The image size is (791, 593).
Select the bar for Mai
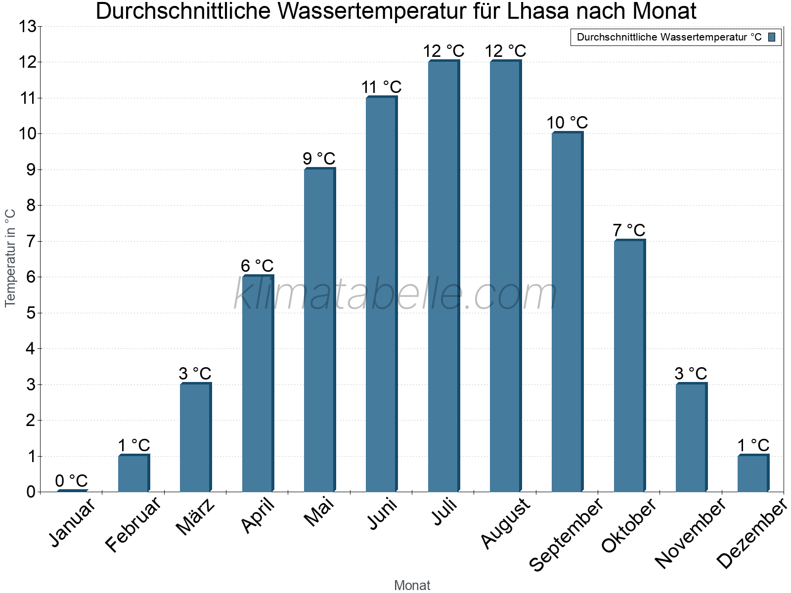tap(319, 330)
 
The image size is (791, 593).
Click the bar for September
tap(567, 312)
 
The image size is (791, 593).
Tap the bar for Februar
tap(133, 473)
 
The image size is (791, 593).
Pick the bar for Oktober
tap(629, 366)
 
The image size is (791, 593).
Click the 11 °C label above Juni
tap(381, 87)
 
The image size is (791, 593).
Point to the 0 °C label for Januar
tap(71, 480)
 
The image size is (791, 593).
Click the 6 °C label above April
tap(257, 266)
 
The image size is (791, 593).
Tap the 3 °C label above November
tap(691, 374)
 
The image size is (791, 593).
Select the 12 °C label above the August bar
tap(505, 51)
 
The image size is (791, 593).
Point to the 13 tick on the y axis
tap(28, 27)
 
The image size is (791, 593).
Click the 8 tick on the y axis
tap(31, 206)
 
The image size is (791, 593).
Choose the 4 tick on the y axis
tap(31, 349)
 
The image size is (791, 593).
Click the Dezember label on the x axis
tap(751, 534)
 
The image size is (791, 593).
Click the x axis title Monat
tap(412, 585)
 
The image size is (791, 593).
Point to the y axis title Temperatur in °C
tap(10, 258)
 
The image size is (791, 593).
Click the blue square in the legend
tap(772, 37)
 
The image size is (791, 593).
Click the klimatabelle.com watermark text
tap(395, 295)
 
